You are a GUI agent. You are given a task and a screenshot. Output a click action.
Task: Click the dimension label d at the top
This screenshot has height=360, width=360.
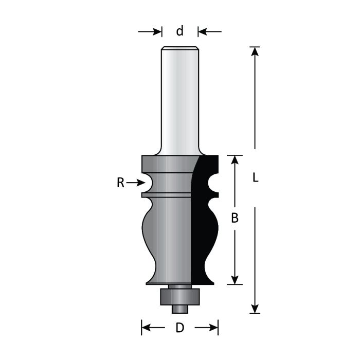click(179, 31)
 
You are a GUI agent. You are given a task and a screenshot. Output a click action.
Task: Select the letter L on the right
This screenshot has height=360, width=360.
click(255, 178)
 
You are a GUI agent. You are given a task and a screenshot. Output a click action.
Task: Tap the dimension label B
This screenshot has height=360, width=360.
click(235, 218)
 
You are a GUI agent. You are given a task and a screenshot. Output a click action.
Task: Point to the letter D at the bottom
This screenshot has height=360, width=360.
click(179, 328)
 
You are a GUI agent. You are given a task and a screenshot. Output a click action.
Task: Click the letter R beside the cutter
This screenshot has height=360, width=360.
click(120, 183)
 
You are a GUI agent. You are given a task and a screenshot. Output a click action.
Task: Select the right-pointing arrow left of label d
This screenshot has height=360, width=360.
click(150, 32)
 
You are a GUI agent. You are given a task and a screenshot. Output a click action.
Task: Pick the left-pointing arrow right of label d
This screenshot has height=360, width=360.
click(210, 32)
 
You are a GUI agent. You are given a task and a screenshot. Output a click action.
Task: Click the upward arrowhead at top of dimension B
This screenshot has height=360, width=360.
click(235, 160)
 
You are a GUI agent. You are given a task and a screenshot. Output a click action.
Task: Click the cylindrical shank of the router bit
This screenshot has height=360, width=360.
click(179, 98)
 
